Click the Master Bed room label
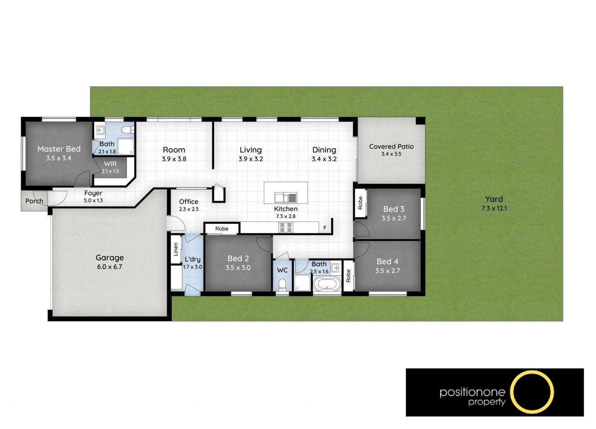tap(59, 149)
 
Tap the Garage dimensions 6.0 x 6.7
tap(110, 267)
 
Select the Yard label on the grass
tap(494, 199)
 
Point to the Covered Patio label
tap(391, 146)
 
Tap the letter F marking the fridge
tap(325, 228)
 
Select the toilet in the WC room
tap(282, 285)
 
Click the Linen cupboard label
tap(176, 249)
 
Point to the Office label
tap(189, 202)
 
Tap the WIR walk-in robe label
tap(110, 164)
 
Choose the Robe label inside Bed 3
tap(360, 203)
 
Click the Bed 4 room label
tap(388, 262)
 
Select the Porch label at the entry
tap(34, 201)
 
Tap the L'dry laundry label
tap(192, 259)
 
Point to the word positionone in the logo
tap(472, 392)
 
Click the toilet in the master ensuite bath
tap(127, 130)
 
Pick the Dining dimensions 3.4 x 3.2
tap(324, 159)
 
